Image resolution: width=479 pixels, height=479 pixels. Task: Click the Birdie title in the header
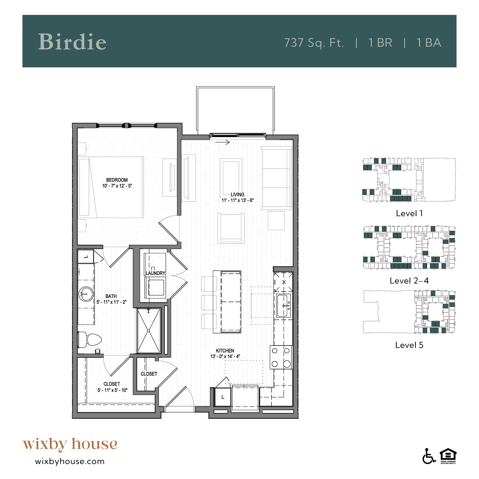pos(72,42)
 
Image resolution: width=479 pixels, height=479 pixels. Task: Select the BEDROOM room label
pos(117,180)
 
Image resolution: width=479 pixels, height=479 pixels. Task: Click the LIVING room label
pos(237,195)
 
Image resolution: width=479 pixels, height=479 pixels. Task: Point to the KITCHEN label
pos(225,351)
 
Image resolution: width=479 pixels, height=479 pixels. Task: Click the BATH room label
pos(111,296)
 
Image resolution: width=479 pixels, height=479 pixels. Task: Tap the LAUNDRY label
pos(155,273)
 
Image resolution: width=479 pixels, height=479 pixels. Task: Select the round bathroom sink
pos(86,294)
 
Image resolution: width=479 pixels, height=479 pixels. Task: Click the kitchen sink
pos(284,305)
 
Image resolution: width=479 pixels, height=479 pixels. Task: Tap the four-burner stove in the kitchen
pos(281,357)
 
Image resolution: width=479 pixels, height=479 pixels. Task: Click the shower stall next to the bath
pos(149,331)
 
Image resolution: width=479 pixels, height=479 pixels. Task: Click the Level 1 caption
pos(409,213)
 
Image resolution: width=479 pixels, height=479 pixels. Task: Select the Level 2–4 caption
pos(409,281)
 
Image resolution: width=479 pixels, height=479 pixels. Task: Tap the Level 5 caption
pos(409,345)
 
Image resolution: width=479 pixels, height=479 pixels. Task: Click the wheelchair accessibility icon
pos(429,457)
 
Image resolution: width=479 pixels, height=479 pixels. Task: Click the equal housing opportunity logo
pos(448,456)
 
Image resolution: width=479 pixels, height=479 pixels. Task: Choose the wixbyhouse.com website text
pos(70,461)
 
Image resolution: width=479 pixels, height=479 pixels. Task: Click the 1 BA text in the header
pos(429,43)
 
